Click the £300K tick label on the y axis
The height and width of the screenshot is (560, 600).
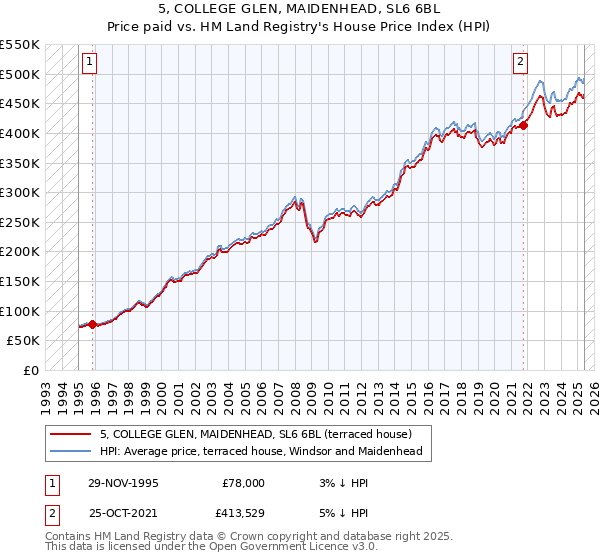pyautogui.click(x=20, y=192)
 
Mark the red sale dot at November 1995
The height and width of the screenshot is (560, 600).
pyautogui.click(x=92, y=324)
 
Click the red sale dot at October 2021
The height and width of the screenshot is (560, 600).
pyautogui.click(x=523, y=125)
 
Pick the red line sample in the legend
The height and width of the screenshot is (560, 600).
pyautogui.click(x=69, y=434)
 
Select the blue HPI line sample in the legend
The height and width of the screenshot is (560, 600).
pyautogui.click(x=69, y=451)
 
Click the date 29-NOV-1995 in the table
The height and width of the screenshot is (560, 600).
pyautogui.click(x=123, y=482)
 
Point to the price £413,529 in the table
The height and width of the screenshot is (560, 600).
pyautogui.click(x=239, y=514)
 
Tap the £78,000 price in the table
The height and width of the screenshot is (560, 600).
pyautogui.click(x=243, y=482)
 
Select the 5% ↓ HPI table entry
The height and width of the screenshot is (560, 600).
pyautogui.click(x=329, y=514)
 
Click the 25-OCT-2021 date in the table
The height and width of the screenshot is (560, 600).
pyautogui.click(x=123, y=514)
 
